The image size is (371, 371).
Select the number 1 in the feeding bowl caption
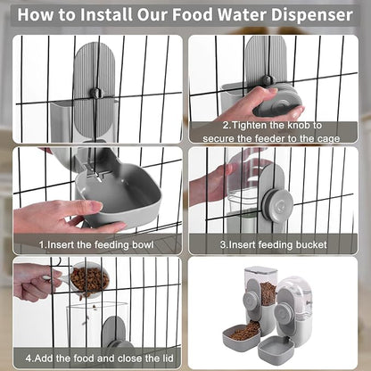(41, 242)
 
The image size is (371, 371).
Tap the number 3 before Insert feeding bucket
(224, 243)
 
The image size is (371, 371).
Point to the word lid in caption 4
(166, 359)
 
